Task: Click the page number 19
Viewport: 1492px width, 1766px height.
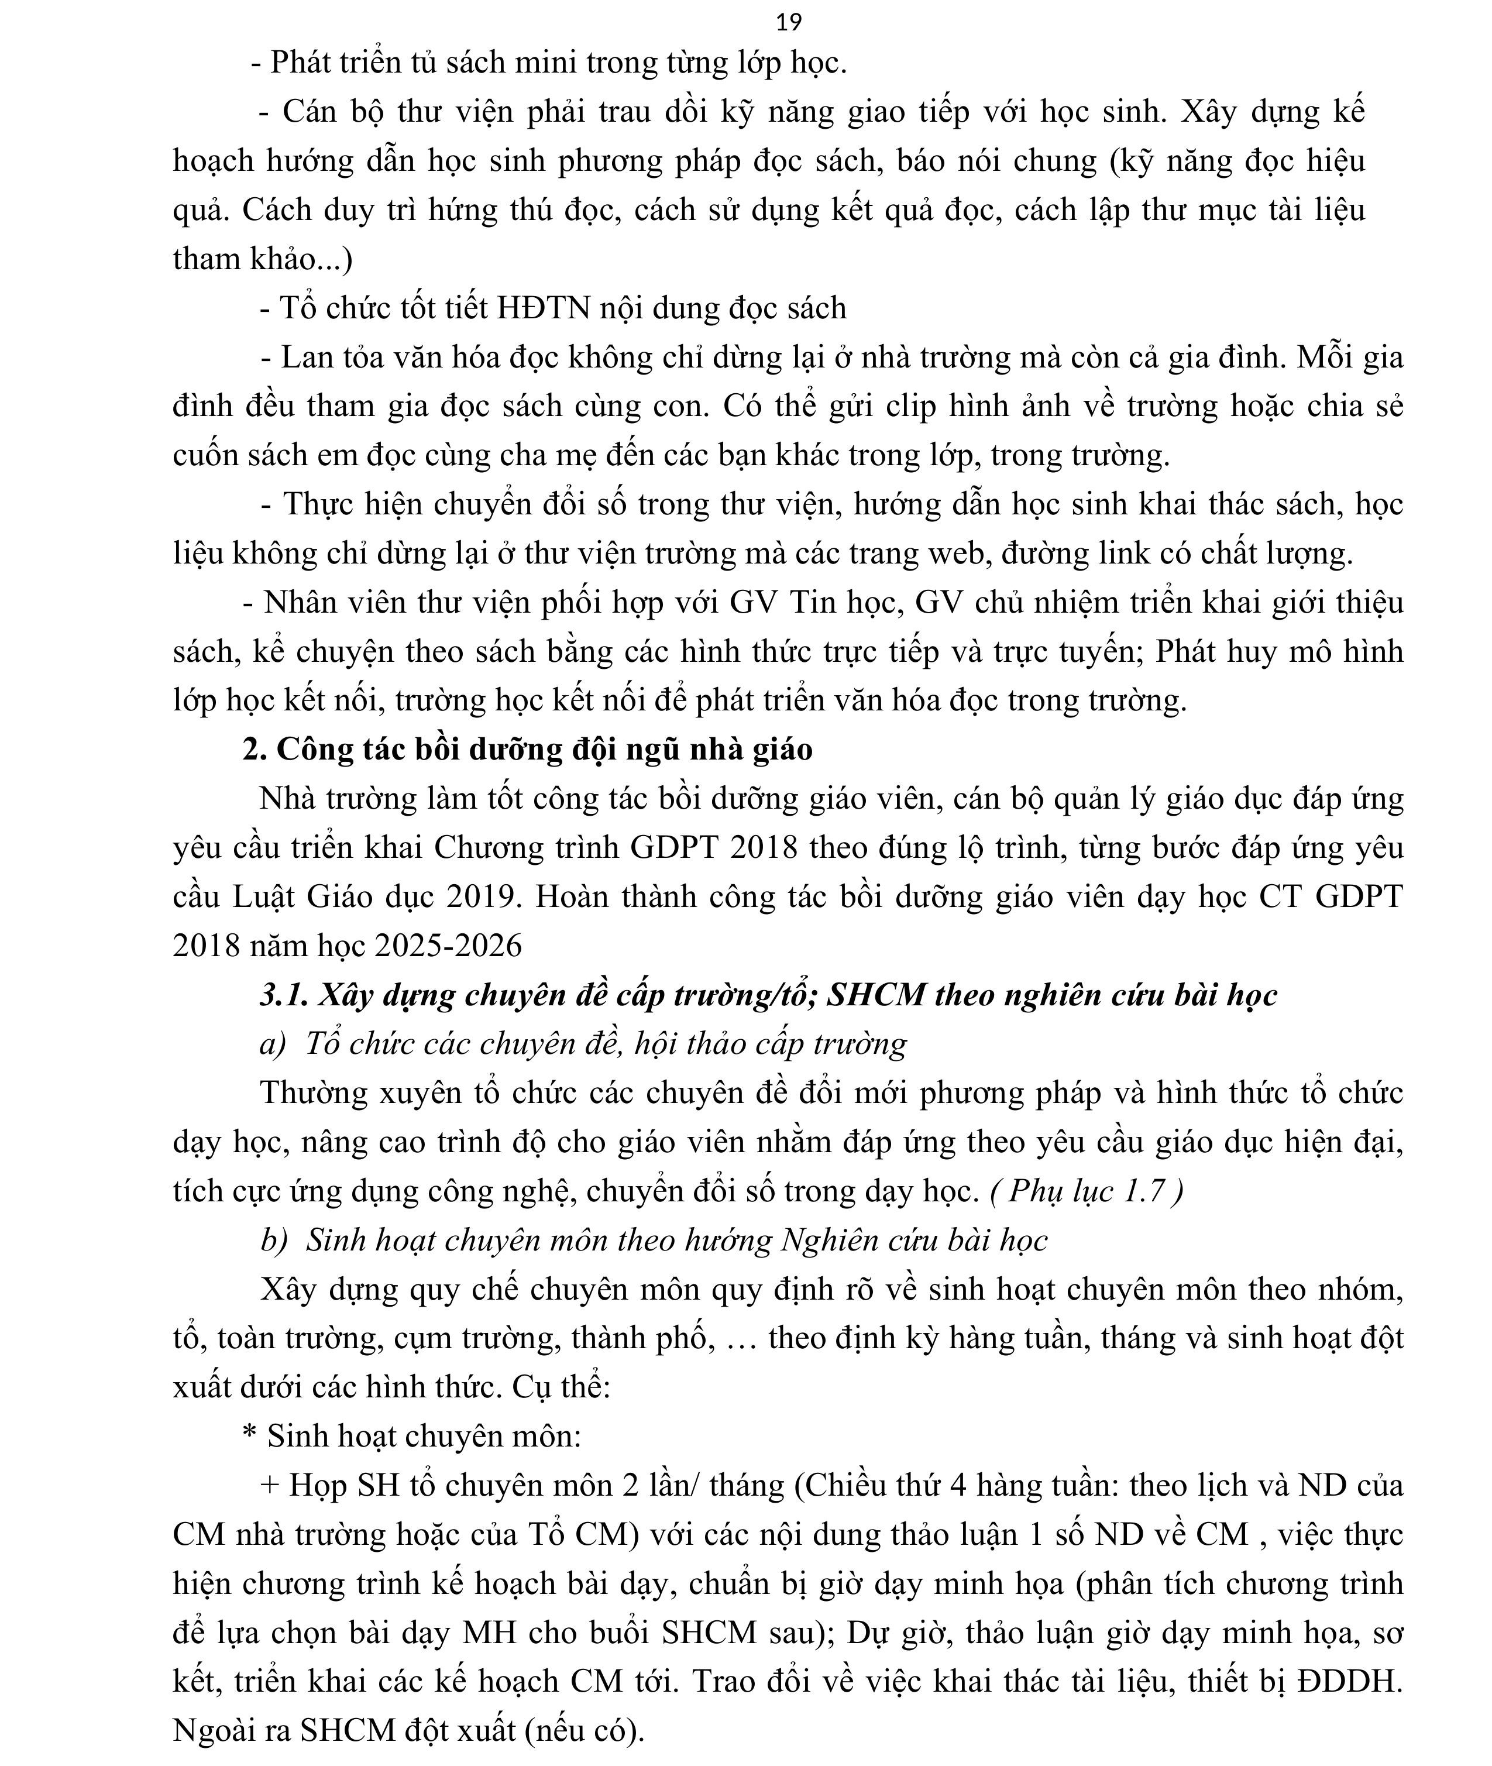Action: (788, 22)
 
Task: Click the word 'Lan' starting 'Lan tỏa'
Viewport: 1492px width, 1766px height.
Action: (300, 357)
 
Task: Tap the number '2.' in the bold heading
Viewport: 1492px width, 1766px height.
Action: (255, 750)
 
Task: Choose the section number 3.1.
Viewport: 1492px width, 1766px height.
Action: (283, 995)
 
